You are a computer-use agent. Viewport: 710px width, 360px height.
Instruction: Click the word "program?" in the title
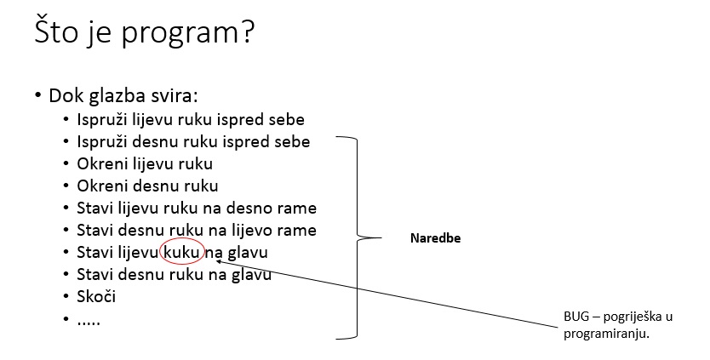click(x=188, y=33)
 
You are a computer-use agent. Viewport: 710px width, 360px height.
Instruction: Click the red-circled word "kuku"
click(x=181, y=252)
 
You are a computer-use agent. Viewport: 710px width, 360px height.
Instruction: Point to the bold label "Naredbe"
click(x=435, y=238)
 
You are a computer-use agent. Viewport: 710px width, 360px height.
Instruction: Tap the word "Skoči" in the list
click(x=96, y=297)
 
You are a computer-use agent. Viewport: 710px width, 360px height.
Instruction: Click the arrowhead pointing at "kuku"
click(x=218, y=260)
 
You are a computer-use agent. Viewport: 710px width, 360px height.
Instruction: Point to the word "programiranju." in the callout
click(x=607, y=334)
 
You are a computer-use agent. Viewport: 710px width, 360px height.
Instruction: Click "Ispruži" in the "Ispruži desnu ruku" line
click(x=102, y=142)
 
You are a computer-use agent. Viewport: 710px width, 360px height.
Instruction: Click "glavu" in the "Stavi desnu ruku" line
click(x=251, y=274)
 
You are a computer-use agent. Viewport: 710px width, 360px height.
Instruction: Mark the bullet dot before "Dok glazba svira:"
click(x=38, y=96)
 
